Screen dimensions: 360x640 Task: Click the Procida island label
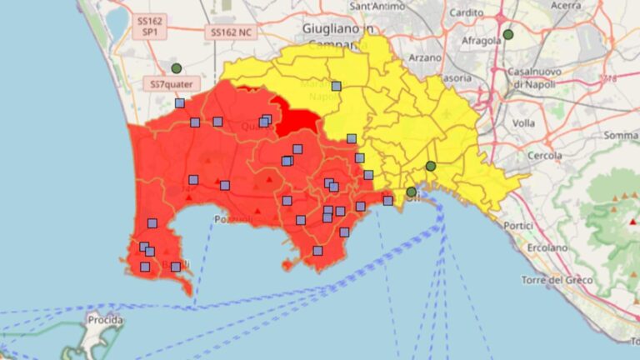click(x=105, y=320)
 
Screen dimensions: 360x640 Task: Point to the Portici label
click(x=517, y=225)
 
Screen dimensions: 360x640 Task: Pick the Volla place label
click(x=523, y=122)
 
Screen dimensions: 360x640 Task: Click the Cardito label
click(x=466, y=12)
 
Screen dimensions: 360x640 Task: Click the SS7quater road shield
click(x=170, y=84)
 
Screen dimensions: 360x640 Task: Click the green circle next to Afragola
click(x=508, y=35)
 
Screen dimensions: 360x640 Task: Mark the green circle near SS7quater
click(x=176, y=68)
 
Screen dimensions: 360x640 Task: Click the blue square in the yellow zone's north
click(x=336, y=86)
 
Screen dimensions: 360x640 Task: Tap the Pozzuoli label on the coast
click(x=232, y=219)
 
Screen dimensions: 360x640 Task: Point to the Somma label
click(x=620, y=135)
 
